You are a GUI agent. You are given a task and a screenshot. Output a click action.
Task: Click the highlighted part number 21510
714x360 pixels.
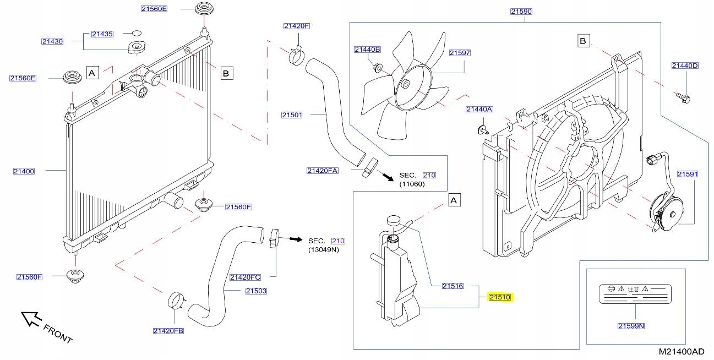click(500, 298)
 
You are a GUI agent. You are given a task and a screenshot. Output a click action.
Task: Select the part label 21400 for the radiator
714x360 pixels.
click(24, 171)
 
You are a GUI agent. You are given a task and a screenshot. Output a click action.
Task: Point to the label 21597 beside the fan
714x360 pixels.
click(459, 53)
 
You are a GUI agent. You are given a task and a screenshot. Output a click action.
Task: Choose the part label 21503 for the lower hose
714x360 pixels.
click(255, 291)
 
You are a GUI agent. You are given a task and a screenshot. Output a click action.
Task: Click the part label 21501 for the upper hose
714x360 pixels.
click(292, 115)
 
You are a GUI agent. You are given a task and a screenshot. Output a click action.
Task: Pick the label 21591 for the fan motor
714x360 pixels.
click(687, 174)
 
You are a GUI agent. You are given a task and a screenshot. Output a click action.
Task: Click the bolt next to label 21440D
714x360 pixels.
click(683, 99)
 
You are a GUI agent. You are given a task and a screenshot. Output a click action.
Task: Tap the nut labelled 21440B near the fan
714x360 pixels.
click(377, 68)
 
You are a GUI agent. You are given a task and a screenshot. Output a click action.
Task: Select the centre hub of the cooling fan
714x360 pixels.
click(406, 85)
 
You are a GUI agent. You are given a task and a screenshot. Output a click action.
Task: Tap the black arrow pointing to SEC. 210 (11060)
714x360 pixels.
click(388, 177)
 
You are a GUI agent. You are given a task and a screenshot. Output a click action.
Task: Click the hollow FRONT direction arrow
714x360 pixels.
click(31, 319)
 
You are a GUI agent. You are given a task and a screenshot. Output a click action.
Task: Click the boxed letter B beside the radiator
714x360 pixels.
click(226, 72)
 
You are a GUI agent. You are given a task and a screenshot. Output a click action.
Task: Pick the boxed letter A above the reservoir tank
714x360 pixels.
click(454, 201)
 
